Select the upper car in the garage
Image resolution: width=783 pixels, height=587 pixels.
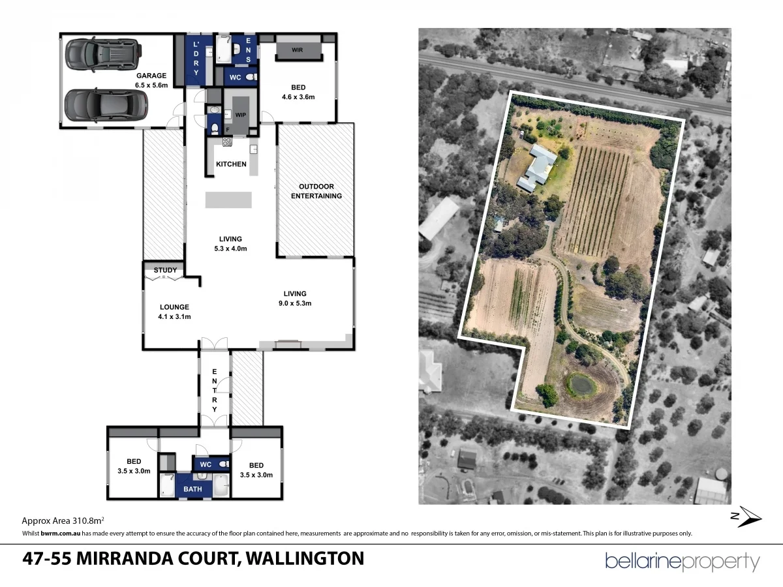click(103, 54)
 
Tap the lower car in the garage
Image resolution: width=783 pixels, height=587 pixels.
click(106, 104)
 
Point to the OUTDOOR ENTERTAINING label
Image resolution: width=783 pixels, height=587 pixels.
click(316, 191)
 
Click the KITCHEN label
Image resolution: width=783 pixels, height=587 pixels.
click(231, 164)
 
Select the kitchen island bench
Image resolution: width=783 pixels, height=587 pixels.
click(228, 200)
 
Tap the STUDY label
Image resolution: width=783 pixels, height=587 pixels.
click(165, 270)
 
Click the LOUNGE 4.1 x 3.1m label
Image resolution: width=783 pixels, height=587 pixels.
click(174, 312)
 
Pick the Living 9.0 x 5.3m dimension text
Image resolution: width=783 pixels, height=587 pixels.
click(295, 303)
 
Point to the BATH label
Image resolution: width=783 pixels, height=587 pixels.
click(192, 489)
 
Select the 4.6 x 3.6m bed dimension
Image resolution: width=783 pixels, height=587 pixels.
click(298, 97)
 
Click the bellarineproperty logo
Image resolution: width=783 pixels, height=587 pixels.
click(683, 562)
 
